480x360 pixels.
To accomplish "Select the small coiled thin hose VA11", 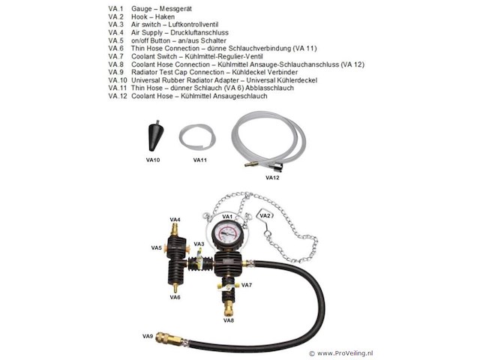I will [x=197, y=138].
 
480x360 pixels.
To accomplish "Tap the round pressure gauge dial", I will [x=226, y=232].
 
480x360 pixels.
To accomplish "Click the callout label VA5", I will [x=157, y=247].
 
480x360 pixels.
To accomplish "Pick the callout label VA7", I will [x=246, y=286].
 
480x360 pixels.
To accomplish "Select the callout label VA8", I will [x=229, y=320].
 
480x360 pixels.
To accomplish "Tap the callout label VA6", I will [x=175, y=298].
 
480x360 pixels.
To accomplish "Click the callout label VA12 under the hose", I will [x=271, y=178].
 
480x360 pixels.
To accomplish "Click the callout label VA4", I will [x=175, y=220].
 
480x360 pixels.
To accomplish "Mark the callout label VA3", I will [x=199, y=244].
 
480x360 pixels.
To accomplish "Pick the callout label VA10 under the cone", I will [x=153, y=160].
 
